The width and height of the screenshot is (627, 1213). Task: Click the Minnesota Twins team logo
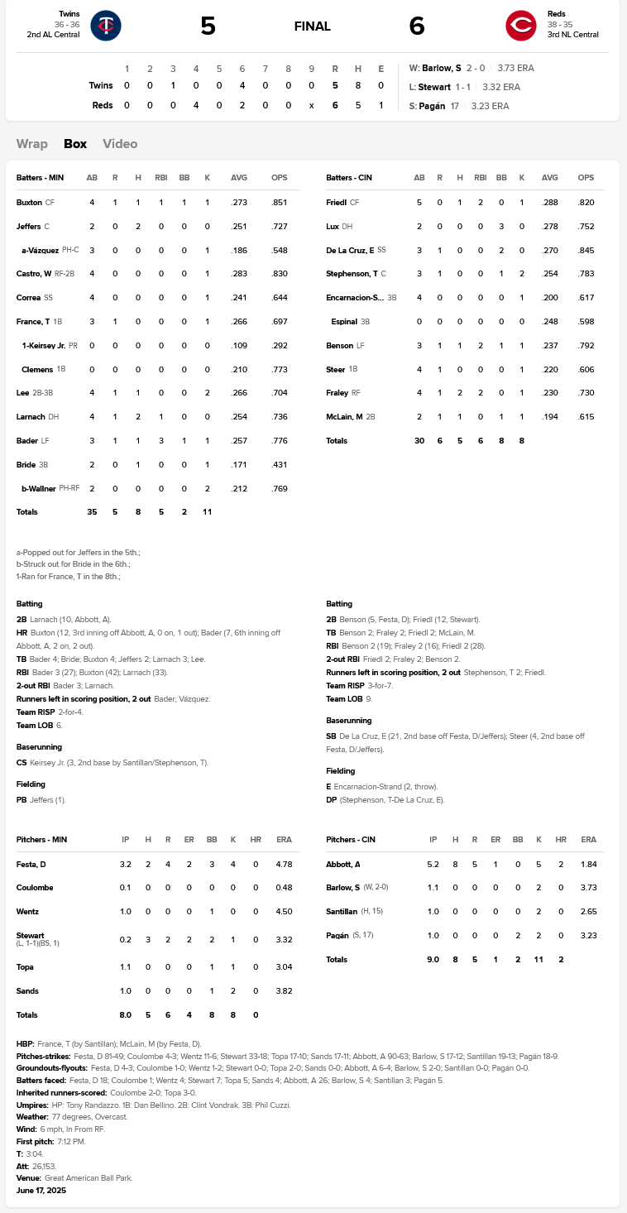(106, 26)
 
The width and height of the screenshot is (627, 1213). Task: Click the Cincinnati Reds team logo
(521, 26)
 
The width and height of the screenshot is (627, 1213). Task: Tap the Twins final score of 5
(208, 26)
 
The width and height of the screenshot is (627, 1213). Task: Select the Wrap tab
(31, 143)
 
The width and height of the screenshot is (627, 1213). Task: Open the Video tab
(120, 143)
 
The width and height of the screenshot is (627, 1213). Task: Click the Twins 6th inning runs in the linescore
(242, 85)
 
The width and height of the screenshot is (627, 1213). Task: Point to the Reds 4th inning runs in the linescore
(196, 105)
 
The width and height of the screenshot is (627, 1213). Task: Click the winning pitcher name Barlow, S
(442, 68)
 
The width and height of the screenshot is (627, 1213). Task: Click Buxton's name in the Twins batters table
(29, 202)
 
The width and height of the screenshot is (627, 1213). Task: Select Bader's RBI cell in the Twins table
(161, 442)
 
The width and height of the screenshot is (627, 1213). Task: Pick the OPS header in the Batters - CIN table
(586, 178)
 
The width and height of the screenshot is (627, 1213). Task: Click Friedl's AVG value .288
(549, 202)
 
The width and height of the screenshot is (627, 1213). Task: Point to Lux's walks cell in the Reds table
(501, 226)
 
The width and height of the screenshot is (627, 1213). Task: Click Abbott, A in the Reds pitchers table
(343, 864)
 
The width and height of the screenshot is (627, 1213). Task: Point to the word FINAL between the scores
(313, 26)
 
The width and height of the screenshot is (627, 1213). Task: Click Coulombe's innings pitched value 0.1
(126, 888)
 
